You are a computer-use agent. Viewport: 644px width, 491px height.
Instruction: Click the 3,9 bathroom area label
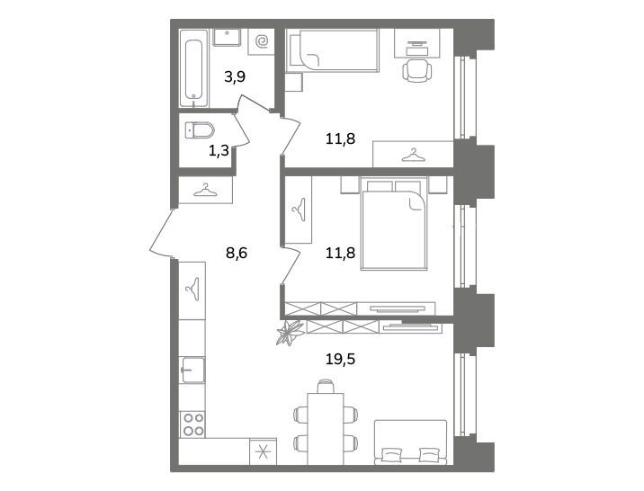click(235, 76)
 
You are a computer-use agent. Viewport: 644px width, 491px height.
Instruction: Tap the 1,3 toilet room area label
click(219, 151)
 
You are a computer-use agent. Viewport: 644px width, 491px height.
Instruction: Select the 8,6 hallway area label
click(237, 254)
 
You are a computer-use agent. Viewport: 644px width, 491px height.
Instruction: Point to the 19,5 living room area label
click(340, 359)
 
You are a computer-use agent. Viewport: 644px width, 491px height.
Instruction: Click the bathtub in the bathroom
click(193, 68)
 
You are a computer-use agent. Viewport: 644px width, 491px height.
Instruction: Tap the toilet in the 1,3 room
click(200, 130)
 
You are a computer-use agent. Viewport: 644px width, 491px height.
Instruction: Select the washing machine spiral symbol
click(262, 41)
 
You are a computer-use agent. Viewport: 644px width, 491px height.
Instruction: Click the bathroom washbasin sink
click(227, 38)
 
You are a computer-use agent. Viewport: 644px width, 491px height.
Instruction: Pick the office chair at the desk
click(417, 70)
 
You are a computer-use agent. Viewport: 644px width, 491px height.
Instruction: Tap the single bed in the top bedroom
click(333, 50)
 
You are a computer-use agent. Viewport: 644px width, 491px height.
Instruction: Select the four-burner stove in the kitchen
click(193, 424)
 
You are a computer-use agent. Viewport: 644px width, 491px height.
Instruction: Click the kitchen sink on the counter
click(192, 370)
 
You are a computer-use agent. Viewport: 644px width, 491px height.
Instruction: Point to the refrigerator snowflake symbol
click(264, 451)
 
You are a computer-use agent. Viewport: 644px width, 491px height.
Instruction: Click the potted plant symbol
click(290, 333)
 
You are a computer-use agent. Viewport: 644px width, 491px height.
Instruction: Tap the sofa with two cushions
click(411, 442)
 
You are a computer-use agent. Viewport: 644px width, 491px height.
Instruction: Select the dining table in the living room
click(326, 429)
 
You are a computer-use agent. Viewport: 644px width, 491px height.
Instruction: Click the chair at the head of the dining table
click(326, 387)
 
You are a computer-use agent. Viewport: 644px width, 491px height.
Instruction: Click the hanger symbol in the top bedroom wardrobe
click(413, 156)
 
